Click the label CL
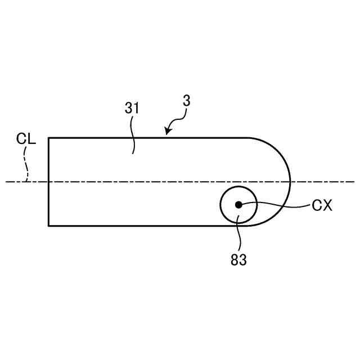click(x=26, y=139)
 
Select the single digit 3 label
click(x=186, y=101)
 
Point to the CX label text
click(x=322, y=206)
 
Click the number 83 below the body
click(x=238, y=260)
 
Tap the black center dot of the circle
click(x=238, y=205)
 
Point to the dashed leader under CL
click(x=26, y=166)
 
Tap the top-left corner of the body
click(x=48, y=137)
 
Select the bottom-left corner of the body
click(x=48, y=226)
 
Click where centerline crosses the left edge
click(x=48, y=182)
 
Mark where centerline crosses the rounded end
click(x=290, y=182)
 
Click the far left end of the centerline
click(x=6, y=182)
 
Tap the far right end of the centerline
click(x=354, y=182)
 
